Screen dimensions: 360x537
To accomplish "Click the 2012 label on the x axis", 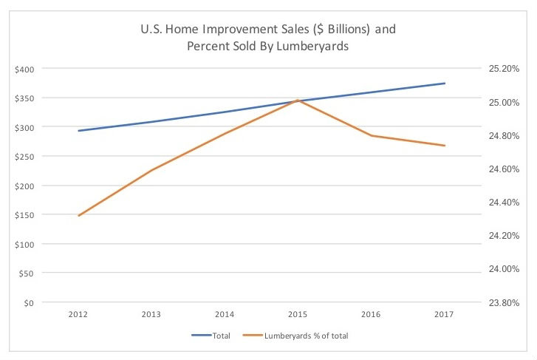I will coord(78,315).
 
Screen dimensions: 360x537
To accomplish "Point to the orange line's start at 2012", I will coord(78,216).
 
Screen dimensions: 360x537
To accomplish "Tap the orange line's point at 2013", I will coord(151,171).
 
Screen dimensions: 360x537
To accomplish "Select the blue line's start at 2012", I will coord(78,131).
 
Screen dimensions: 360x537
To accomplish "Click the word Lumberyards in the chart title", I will coord(313,44).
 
